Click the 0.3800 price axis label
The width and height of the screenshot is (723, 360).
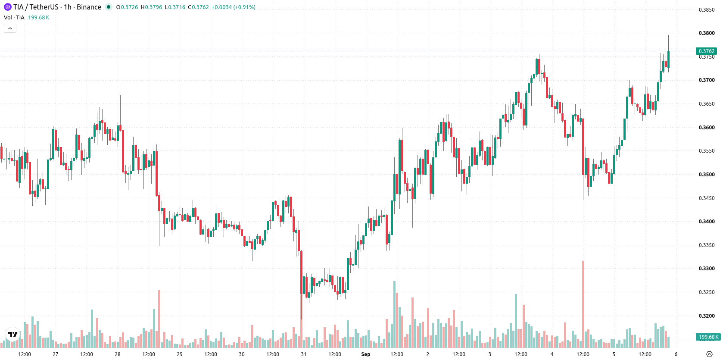pos(707,33)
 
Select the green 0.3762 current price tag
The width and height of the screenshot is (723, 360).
pos(707,51)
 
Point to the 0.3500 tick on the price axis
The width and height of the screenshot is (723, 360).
pos(707,174)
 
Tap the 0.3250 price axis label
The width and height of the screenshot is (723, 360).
pos(707,292)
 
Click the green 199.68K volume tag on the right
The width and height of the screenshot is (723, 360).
pos(708,337)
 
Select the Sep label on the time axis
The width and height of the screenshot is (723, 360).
pos(366,354)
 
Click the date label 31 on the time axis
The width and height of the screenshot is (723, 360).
pos(303,354)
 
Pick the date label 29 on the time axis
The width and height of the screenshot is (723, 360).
pos(180,354)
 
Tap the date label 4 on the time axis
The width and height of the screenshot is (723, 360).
pos(552,354)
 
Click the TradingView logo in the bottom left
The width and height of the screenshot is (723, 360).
pos(13,334)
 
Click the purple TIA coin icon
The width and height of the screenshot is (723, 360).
pos(7,7)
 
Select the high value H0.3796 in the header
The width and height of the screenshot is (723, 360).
pos(151,7)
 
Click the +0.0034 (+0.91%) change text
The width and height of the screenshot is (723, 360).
pos(234,7)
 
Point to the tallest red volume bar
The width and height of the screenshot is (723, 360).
pos(583,304)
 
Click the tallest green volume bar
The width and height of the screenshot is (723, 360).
pos(394,314)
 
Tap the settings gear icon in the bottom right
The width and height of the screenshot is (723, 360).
pos(709,354)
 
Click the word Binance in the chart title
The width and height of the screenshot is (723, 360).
pos(89,7)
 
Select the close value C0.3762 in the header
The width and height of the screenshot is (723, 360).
pos(199,7)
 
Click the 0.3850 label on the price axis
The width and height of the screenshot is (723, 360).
pos(707,9)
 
